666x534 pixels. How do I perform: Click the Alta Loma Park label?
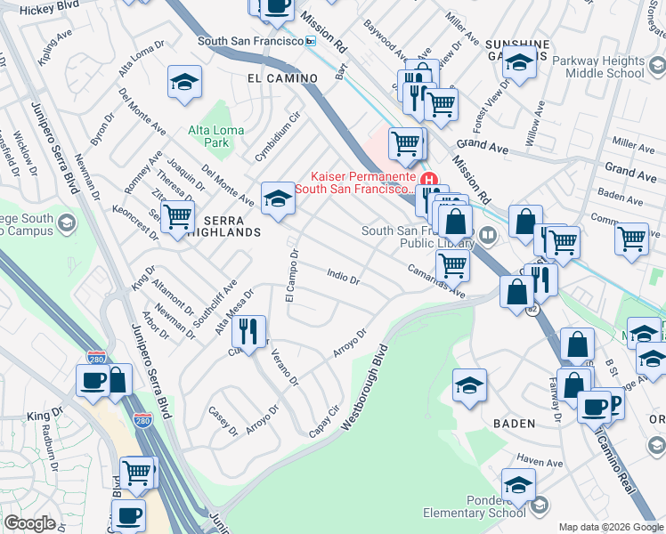(x=209, y=136)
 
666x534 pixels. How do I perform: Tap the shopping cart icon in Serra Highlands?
(x=178, y=214)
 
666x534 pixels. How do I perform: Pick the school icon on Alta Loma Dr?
(x=184, y=82)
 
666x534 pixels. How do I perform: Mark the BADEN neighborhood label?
(x=515, y=425)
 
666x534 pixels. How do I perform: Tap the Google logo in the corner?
(x=29, y=523)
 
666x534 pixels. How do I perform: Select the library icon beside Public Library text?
(x=487, y=235)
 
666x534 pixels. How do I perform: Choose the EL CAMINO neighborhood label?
(x=282, y=78)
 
